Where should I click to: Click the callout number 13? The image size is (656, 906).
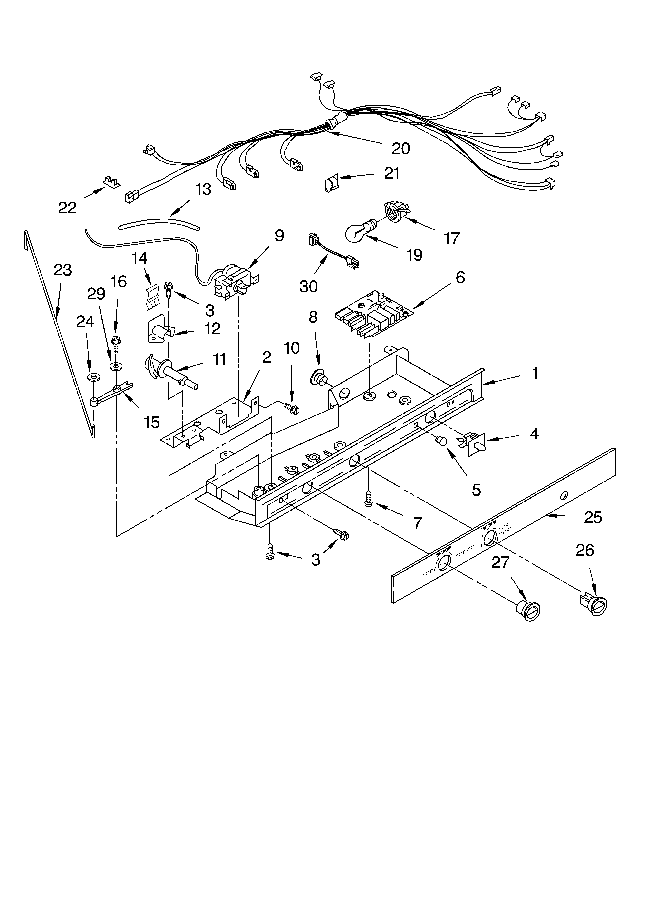203,189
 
